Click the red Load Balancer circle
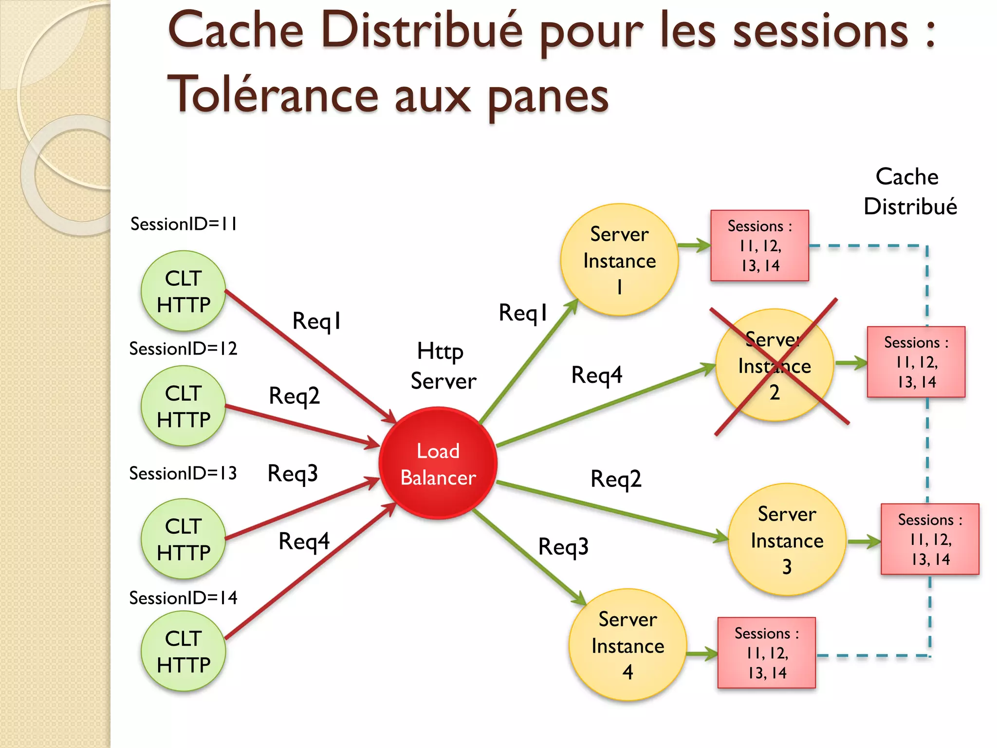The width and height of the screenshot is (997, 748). coord(438,463)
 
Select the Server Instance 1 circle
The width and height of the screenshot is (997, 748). coord(619,260)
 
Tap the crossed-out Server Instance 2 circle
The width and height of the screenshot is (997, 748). coord(774,365)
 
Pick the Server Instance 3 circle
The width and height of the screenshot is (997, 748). coord(787,540)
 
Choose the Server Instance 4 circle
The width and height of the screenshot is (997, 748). coord(628,645)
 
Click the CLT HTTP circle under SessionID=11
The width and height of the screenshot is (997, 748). coord(183,291)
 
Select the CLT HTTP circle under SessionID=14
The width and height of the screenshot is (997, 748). coord(183,651)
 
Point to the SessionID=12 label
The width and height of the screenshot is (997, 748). coord(183,349)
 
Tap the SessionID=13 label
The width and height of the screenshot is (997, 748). coord(183,473)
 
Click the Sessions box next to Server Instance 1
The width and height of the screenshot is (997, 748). coord(759,246)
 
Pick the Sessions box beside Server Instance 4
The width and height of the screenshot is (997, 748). coord(766,653)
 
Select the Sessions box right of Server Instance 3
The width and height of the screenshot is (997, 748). coord(929,539)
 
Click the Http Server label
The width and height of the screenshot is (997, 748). coord(443,366)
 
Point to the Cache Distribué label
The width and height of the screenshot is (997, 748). coord(909,191)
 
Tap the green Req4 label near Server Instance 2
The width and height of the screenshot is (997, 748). coord(596,375)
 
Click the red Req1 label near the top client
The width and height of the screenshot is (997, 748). coord(316,321)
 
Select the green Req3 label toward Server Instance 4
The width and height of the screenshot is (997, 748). coord(563,546)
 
